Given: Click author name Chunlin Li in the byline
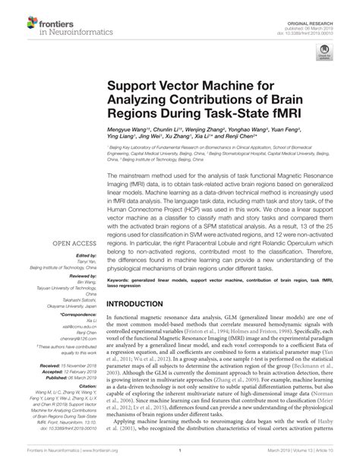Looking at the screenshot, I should [170, 130].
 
